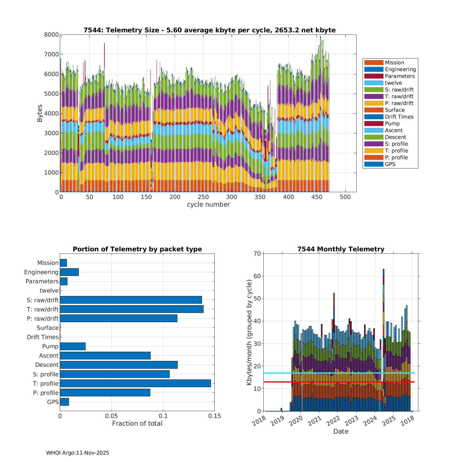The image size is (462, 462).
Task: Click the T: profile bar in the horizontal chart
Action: [135, 383]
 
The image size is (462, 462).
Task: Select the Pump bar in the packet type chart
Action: [73, 346]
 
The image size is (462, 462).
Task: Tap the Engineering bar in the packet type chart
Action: [69, 272]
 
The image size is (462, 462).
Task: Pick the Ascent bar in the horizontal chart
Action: [105, 355]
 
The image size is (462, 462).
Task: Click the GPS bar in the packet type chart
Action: [64, 402]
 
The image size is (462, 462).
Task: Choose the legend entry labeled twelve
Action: [393, 83]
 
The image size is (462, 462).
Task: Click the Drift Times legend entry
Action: [399, 117]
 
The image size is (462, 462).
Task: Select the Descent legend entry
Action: [395, 137]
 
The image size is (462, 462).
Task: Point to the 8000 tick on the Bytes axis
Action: [51, 35]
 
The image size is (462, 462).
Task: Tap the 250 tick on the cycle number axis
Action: [203, 197]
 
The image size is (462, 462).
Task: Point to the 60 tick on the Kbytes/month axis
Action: [257, 276]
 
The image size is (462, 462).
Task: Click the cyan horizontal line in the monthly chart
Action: [339, 373]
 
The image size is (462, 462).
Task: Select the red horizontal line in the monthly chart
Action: [339, 382]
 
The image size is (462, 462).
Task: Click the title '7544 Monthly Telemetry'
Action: [341, 249]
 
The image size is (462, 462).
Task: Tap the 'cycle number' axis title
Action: [208, 205]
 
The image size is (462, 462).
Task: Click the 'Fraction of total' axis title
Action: [137, 423]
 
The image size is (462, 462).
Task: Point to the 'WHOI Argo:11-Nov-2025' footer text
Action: [78, 453]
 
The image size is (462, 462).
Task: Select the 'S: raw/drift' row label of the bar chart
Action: [43, 300]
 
